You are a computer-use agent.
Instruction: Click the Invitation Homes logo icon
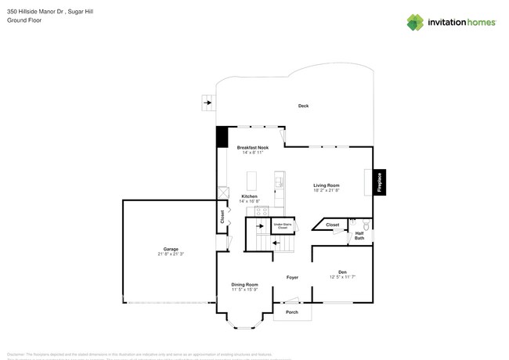coord(415,22)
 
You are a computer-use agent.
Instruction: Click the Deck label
coord(303,106)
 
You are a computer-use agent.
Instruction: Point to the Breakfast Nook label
coord(253,147)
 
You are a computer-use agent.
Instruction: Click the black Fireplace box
coord(380,182)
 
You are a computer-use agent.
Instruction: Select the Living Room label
coord(326,185)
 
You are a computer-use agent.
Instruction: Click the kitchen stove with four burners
coord(262,210)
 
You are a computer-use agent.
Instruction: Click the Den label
coord(343,272)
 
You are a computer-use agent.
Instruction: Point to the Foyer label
coord(292,277)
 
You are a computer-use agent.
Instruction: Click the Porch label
coord(291,312)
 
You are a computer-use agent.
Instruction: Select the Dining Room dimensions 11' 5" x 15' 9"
coord(244,290)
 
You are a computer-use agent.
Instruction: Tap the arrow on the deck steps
coord(208,102)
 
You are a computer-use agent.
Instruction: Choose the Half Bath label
coord(359,235)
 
